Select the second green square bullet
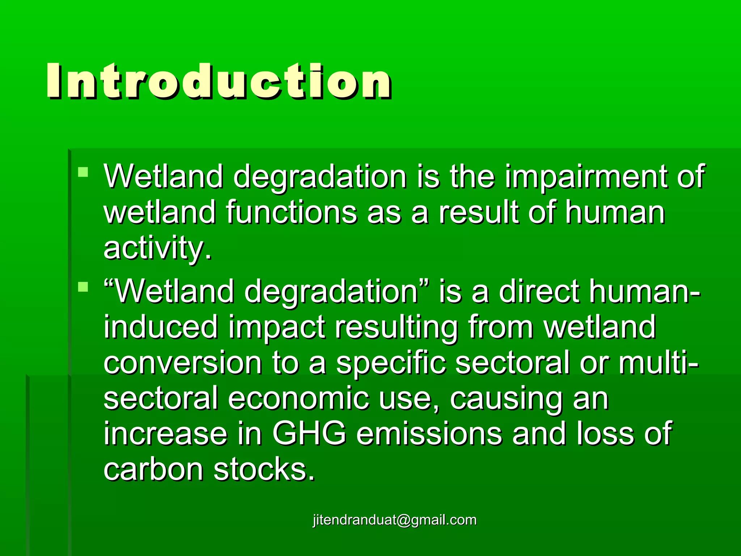83,287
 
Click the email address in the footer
395,520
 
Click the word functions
292,213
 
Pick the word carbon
153,470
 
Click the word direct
539,292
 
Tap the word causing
506,399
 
